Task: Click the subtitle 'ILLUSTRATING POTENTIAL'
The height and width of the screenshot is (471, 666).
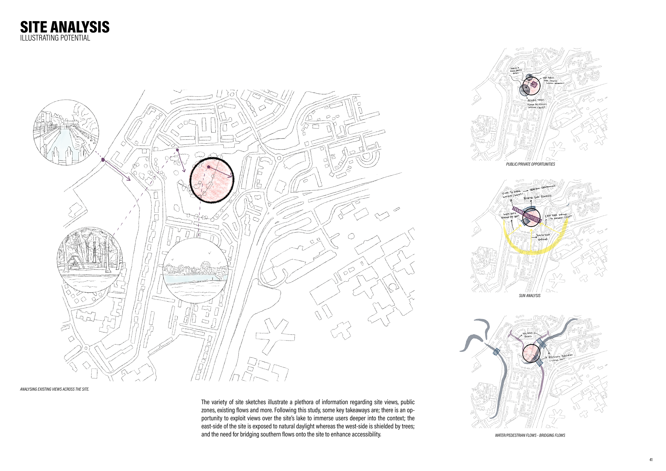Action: pos(55,38)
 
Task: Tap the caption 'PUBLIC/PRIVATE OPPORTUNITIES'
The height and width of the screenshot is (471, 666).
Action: pos(531,164)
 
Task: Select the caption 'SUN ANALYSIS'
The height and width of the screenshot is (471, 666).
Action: pos(530,296)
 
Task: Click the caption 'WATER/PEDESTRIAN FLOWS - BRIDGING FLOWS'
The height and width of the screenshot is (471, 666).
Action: pos(530,435)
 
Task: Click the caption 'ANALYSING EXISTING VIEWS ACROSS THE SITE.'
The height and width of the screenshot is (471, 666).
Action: pos(54,389)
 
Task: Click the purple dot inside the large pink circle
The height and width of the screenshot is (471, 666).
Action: pos(209,167)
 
